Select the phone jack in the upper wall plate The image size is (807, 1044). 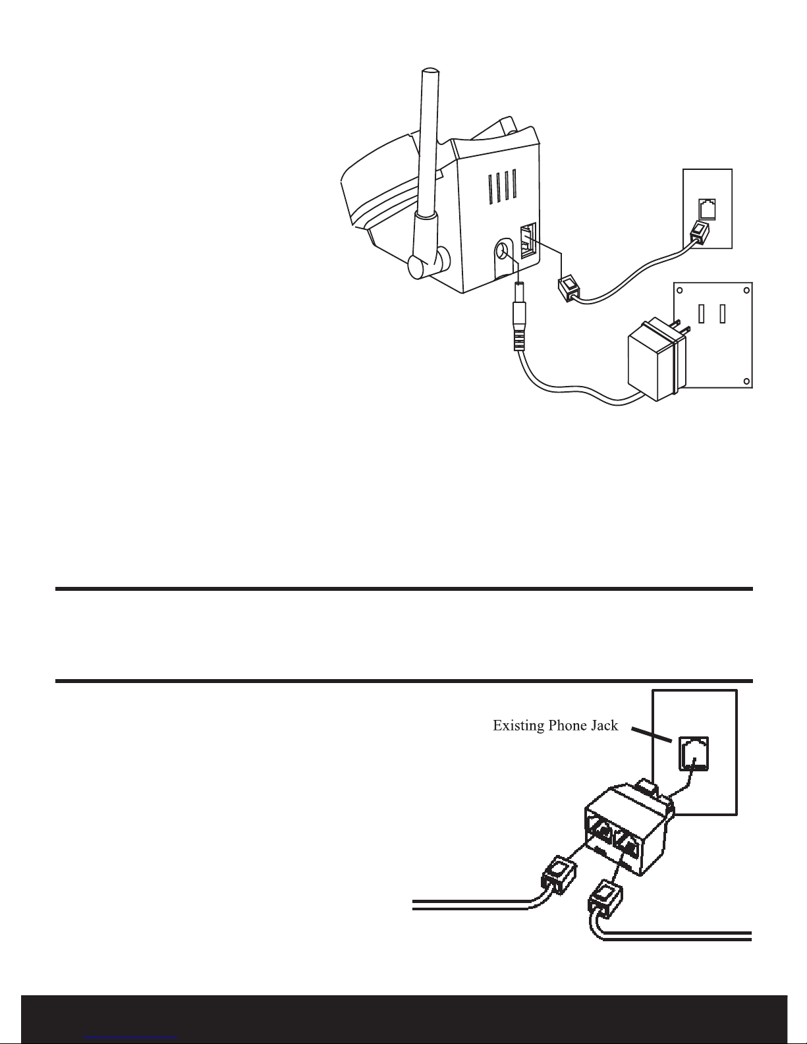pyautogui.click(x=707, y=209)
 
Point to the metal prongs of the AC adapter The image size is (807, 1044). pyautogui.click(x=683, y=327)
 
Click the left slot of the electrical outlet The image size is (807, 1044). pyautogui.click(x=702, y=314)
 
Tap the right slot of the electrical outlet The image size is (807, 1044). pyautogui.click(x=723, y=314)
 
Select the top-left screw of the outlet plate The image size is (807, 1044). pyautogui.click(x=680, y=290)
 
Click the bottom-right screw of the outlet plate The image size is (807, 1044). pyautogui.click(x=746, y=381)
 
